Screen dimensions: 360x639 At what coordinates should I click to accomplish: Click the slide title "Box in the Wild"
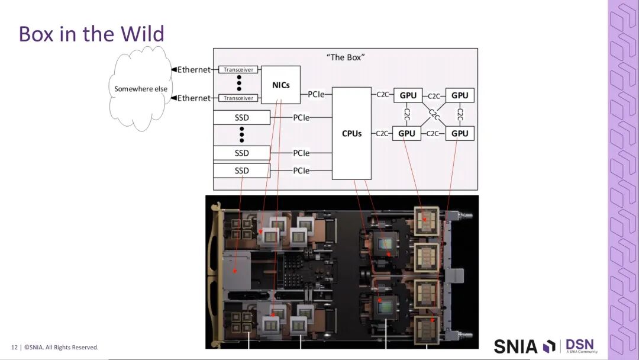[x=91, y=34]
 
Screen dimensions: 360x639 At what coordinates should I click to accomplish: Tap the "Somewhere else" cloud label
[x=141, y=89]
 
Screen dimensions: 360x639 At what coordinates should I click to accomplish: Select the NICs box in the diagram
[x=281, y=85]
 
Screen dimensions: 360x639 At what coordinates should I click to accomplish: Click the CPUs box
[x=351, y=133]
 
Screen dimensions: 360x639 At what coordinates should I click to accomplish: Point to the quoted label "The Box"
[x=346, y=57]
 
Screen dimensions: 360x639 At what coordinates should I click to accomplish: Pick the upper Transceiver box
[x=238, y=70]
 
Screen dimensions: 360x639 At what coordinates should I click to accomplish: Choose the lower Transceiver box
[x=238, y=98]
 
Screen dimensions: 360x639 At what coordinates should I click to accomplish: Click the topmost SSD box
[x=241, y=118]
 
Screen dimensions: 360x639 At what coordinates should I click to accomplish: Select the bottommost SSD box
[x=241, y=171]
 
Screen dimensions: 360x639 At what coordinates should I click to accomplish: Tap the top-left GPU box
[x=408, y=95]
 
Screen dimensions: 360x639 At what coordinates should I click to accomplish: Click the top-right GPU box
[x=460, y=95]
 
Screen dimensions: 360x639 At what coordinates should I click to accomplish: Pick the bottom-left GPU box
[x=406, y=133]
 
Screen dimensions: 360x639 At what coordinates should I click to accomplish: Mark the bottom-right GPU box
[x=460, y=133]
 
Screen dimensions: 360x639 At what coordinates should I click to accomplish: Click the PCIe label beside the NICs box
[x=316, y=94]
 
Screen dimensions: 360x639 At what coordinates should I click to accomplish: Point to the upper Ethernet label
[x=194, y=70]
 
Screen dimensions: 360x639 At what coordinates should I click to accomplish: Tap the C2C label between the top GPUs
[x=434, y=95]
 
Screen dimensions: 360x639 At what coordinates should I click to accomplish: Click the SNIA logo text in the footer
[x=516, y=346]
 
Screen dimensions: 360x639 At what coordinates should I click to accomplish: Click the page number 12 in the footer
[x=14, y=347]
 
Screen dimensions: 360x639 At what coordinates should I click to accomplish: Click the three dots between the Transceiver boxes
[x=239, y=83]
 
